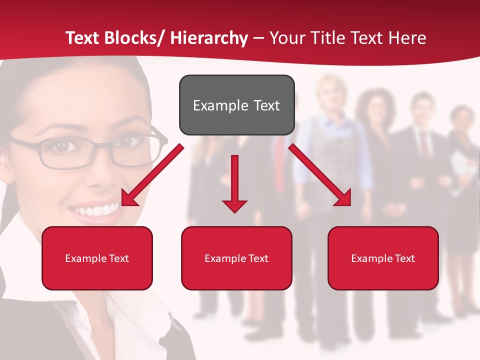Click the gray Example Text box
coord(236,105)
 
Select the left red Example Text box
coord(97,258)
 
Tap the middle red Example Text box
coord(236,258)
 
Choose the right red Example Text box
coord(383,258)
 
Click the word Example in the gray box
coord(220,105)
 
